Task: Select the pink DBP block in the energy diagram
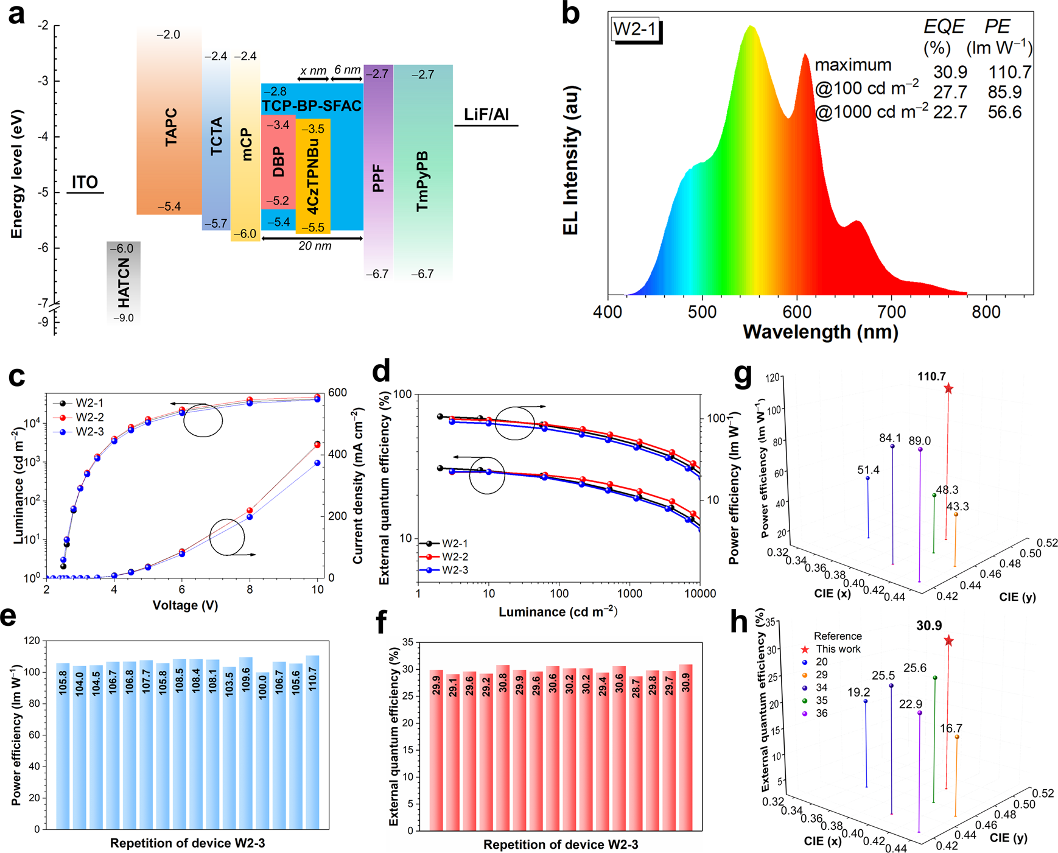click(278, 162)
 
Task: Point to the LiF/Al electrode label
click(486, 115)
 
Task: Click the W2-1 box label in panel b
click(635, 29)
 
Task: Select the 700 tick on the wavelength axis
click(892, 312)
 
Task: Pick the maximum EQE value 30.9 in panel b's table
click(950, 72)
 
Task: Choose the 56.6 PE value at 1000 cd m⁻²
click(1004, 113)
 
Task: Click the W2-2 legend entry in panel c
click(88, 417)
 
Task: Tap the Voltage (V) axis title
click(185, 605)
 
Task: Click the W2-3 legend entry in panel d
click(455, 570)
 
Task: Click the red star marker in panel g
click(948, 389)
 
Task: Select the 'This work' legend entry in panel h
click(838, 649)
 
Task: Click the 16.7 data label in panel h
click(951, 728)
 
